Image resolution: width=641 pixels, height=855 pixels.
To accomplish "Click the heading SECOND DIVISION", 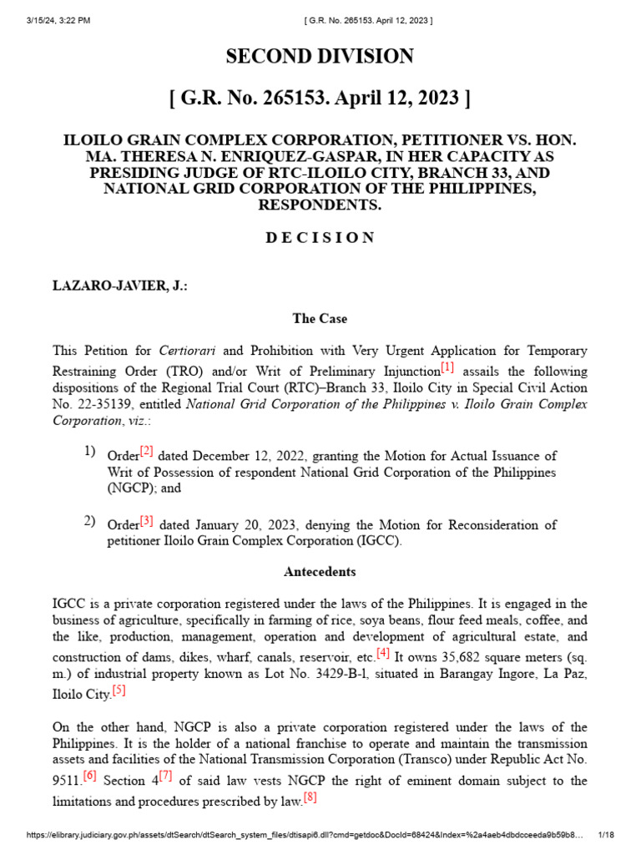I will click(320, 57).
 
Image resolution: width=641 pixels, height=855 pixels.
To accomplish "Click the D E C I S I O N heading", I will click(320, 237).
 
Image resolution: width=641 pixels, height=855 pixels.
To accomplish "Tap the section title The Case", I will click(320, 319).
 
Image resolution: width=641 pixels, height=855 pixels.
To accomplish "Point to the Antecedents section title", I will click(320, 572).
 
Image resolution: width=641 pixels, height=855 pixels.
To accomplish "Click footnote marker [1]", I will click(447, 367).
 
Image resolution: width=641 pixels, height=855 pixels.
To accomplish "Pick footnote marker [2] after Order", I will click(146, 451).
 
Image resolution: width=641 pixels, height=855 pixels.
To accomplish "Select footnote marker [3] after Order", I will click(146, 520).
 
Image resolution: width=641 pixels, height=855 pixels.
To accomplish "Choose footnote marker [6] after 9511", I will click(89, 776).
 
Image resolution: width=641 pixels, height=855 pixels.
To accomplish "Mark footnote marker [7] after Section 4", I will click(166, 776).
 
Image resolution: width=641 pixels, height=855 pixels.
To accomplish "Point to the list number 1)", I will click(89, 452).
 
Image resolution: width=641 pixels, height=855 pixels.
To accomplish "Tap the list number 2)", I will click(89, 521).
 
